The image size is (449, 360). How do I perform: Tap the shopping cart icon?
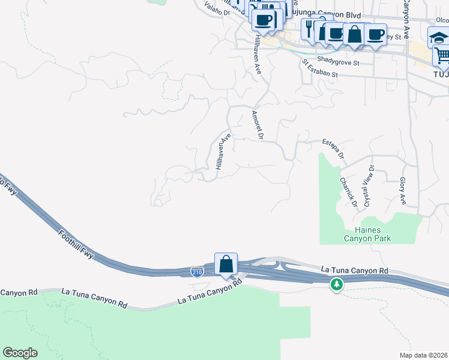(x=442, y=56)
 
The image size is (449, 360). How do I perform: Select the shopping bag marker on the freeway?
(x=226, y=264)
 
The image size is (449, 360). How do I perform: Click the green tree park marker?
(x=337, y=283)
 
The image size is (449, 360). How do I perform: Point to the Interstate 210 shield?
(x=197, y=272)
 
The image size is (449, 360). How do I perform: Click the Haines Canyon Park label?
(x=367, y=234)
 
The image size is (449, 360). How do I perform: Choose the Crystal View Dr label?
(x=368, y=186)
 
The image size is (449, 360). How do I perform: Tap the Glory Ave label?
(x=402, y=191)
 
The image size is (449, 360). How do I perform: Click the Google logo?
(x=20, y=353)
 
